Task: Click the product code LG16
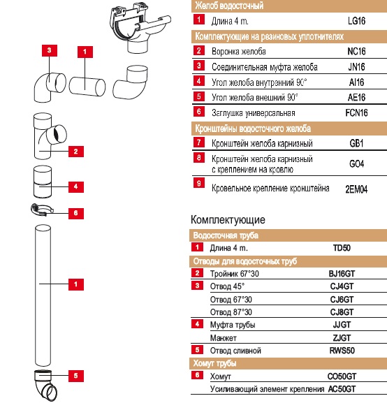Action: tap(356, 21)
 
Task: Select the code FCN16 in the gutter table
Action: tap(356, 112)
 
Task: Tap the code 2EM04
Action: tap(356, 189)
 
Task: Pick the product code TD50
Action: tap(342, 248)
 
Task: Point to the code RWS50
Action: tap(342, 351)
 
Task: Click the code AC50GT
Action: tap(342, 389)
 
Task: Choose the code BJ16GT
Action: tap(342, 274)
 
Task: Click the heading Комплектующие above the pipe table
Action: tap(228, 220)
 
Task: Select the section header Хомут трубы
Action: tap(214, 363)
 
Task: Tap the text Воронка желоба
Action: tap(239, 52)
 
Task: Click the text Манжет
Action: tap(224, 338)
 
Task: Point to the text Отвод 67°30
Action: tap(231, 300)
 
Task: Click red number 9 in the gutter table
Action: tap(199, 183)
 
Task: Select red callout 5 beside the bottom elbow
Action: tap(76, 376)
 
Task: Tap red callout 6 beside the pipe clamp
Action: tap(76, 213)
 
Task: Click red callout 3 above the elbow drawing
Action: tap(50, 50)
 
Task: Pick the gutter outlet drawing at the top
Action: tap(140, 27)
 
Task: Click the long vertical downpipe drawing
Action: tap(43, 295)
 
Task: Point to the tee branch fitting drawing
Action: tap(49, 136)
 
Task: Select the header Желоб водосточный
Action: tap(229, 6)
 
